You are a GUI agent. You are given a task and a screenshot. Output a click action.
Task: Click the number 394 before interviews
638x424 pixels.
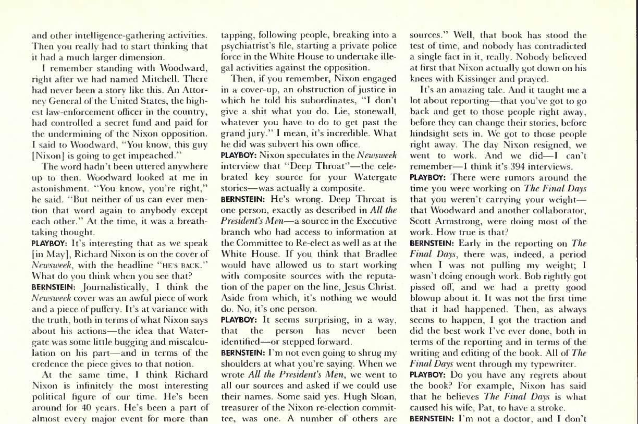point(521,167)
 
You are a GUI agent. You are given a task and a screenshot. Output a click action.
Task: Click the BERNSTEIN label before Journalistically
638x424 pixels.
point(50,286)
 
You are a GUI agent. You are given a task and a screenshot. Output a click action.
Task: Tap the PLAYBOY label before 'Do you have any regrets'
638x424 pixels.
point(426,374)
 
